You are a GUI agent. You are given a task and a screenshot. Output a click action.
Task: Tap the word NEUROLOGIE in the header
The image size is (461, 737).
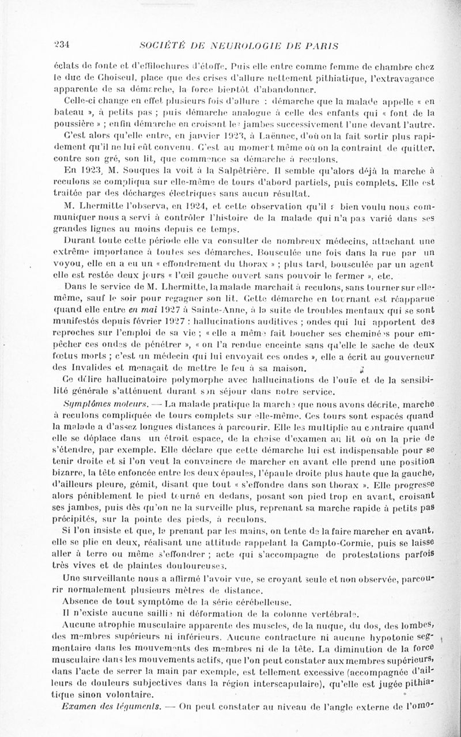point(243,46)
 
